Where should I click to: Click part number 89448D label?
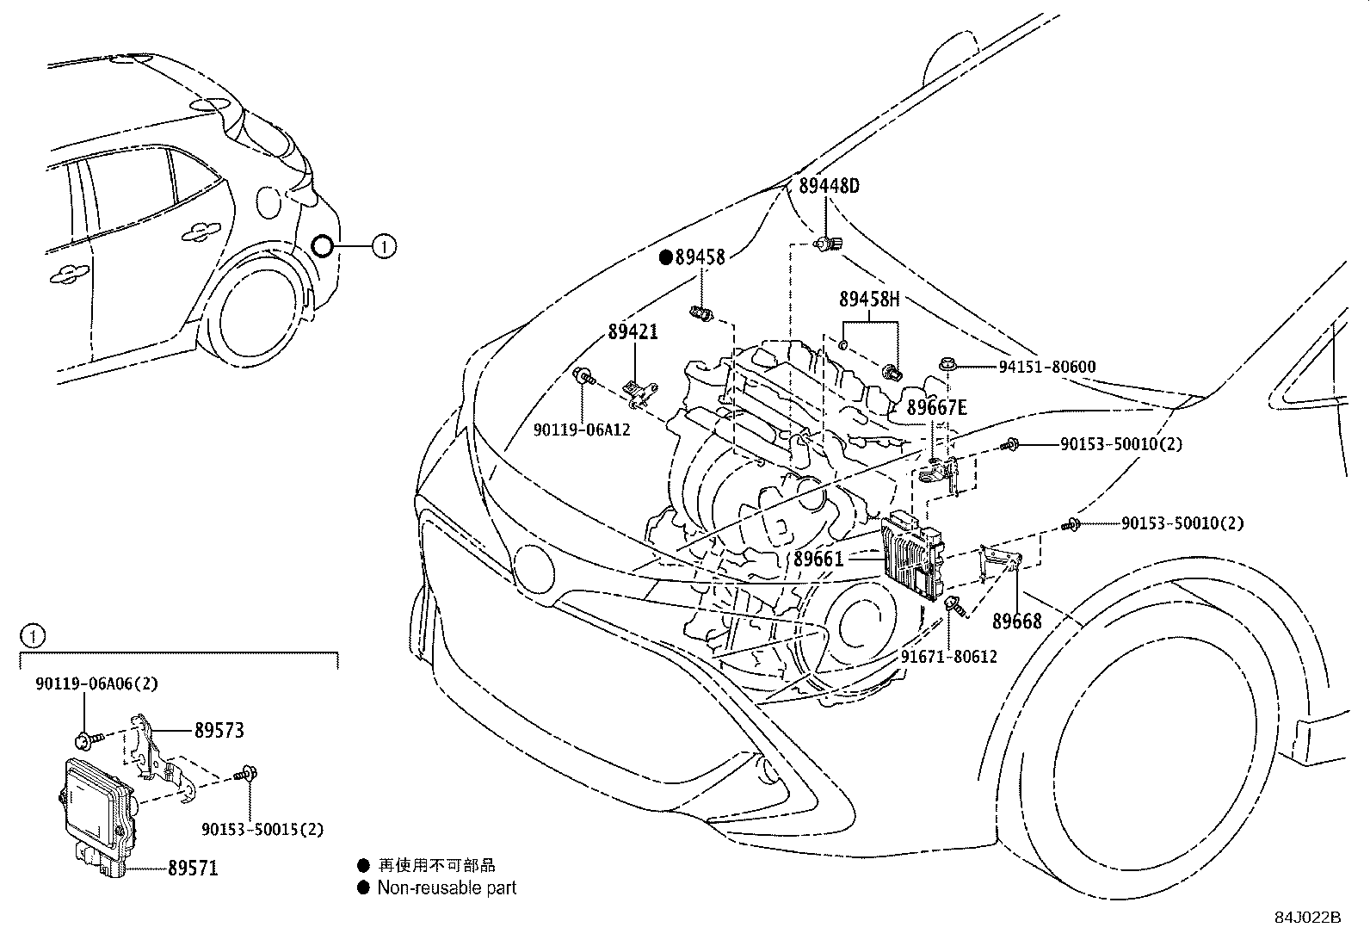(x=828, y=186)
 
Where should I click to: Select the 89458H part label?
(x=869, y=300)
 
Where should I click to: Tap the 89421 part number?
(x=633, y=331)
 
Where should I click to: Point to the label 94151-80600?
(x=1046, y=367)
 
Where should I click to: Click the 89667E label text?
(x=936, y=408)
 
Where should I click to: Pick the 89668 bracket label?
(x=1016, y=621)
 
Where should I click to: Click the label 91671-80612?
(x=948, y=657)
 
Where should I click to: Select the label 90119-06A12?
(x=582, y=429)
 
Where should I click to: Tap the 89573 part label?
(x=219, y=730)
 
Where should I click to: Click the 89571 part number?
(x=193, y=869)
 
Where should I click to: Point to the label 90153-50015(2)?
(x=262, y=829)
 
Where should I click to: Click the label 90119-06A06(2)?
(x=97, y=683)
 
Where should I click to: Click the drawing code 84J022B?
(x=1308, y=917)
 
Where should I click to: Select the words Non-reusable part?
(x=447, y=887)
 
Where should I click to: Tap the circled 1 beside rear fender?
(x=384, y=247)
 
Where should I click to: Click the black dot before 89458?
(x=665, y=257)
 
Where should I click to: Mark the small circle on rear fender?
(x=322, y=247)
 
